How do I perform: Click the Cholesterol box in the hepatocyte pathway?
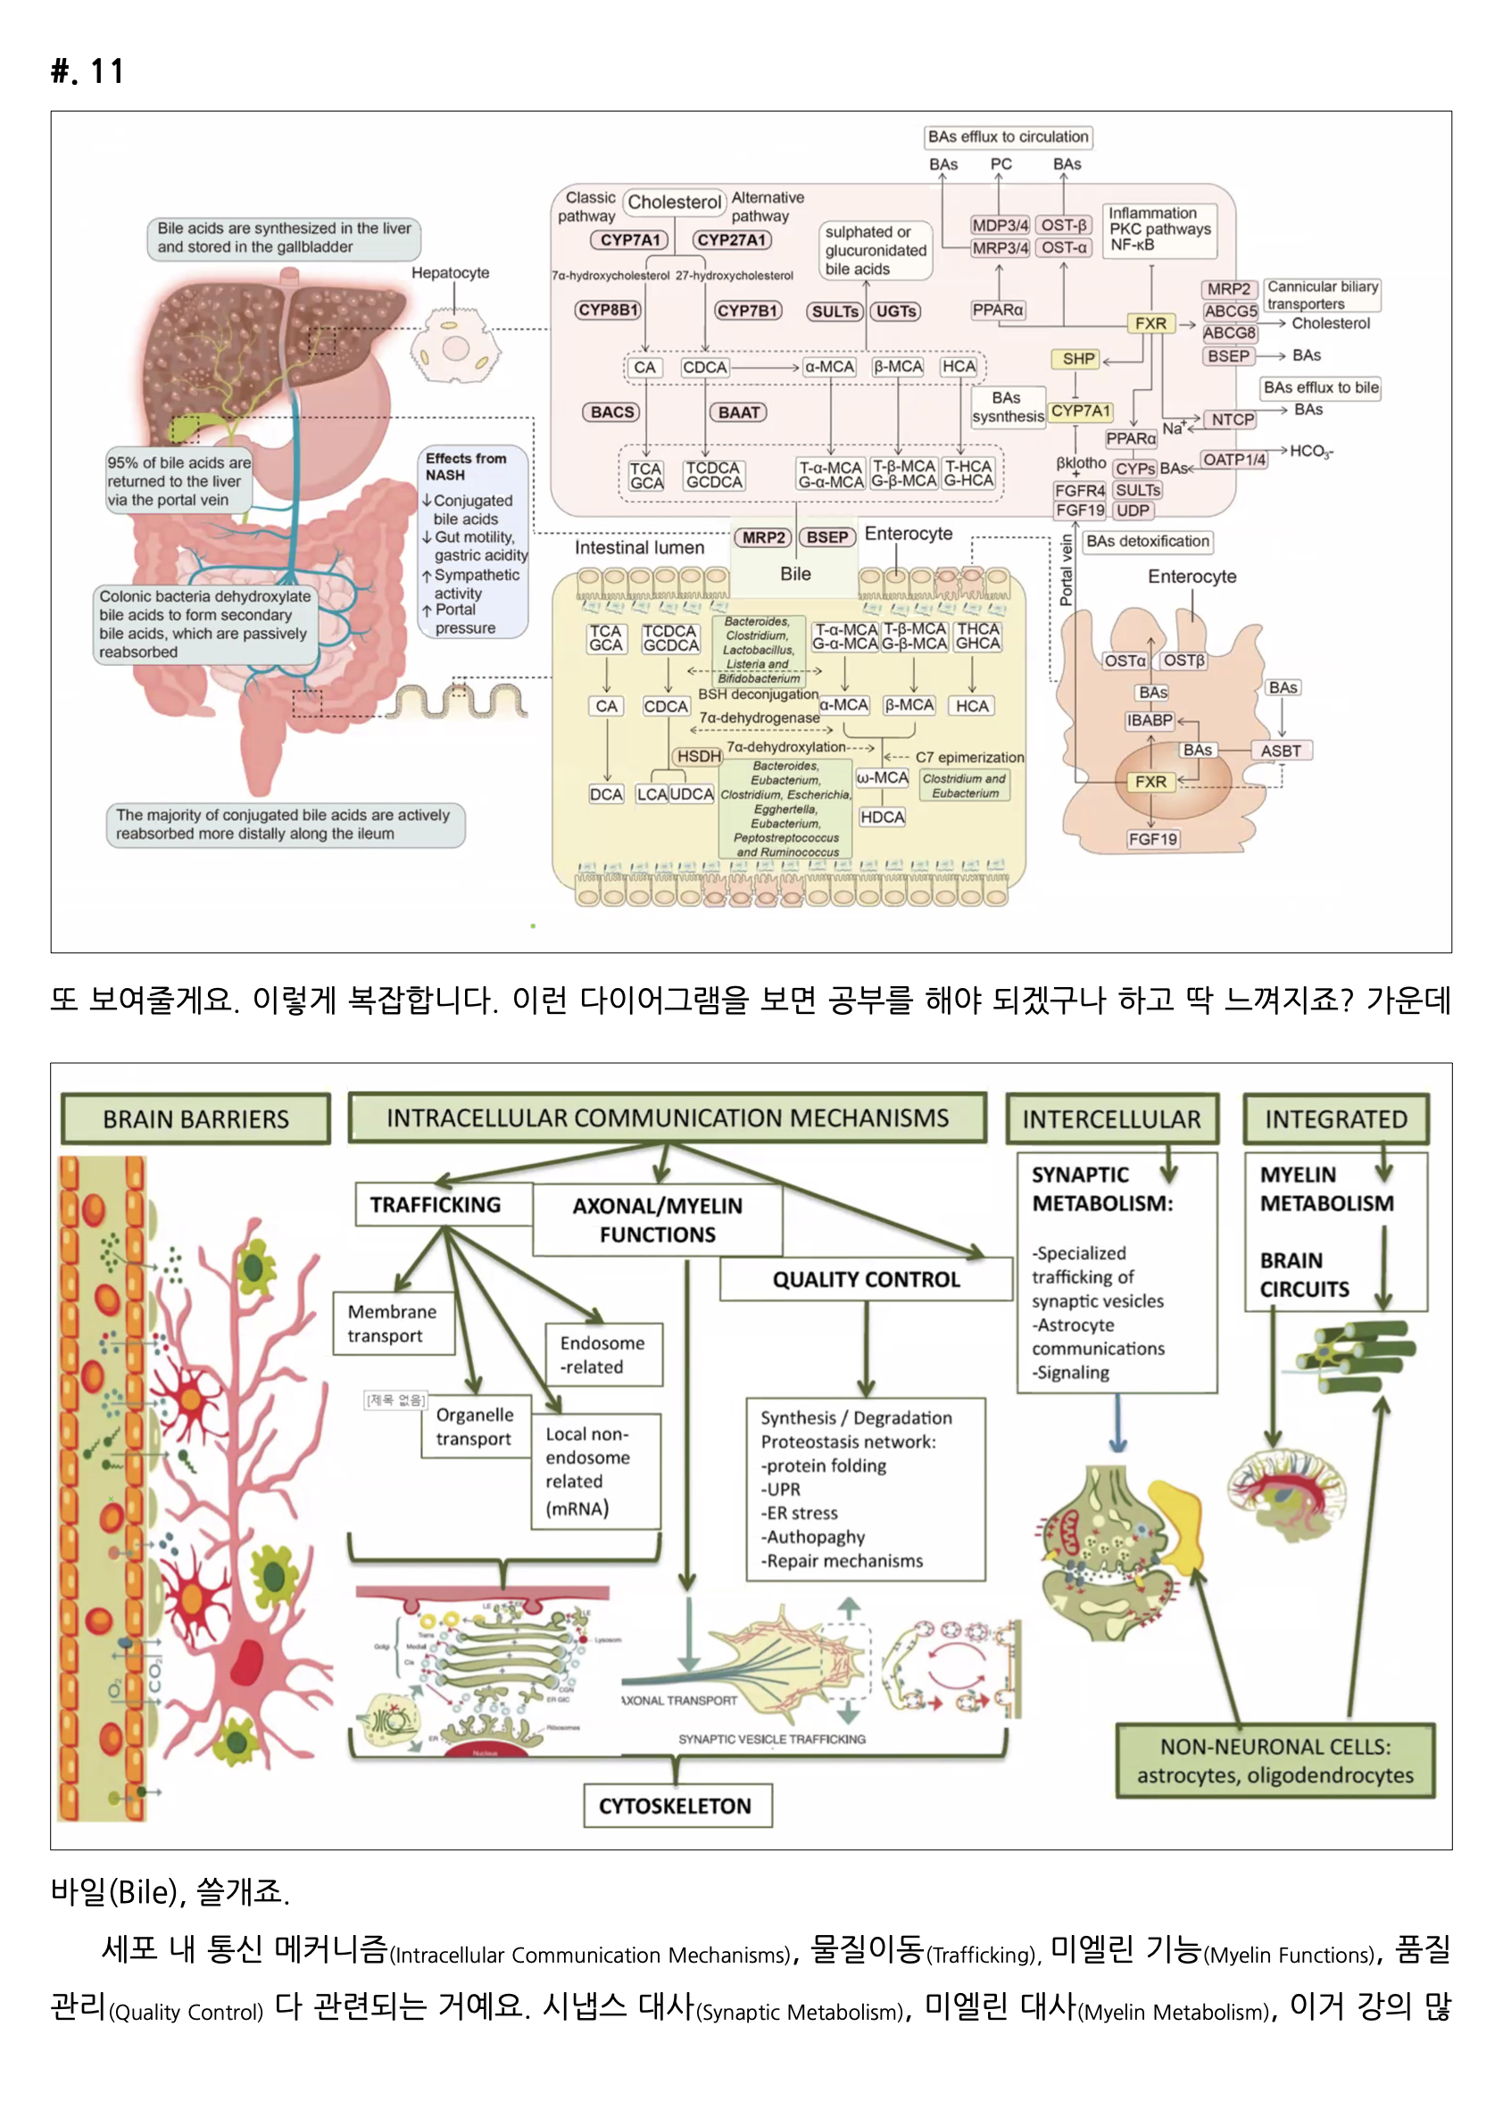[x=673, y=202]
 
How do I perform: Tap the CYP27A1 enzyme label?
[x=731, y=240]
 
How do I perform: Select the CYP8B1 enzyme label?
[x=608, y=311]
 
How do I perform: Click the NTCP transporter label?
[x=1232, y=419]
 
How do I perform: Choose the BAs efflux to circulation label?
[x=1008, y=137]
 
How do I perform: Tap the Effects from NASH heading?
[x=465, y=466]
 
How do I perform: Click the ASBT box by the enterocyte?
[x=1280, y=751]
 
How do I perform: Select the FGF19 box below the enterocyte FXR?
[x=1152, y=839]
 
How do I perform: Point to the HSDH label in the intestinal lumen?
[x=698, y=757]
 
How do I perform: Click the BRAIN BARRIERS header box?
[x=195, y=1118]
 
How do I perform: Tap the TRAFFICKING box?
[x=436, y=1204]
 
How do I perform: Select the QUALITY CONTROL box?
[x=866, y=1279]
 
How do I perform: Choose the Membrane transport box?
[x=393, y=1324]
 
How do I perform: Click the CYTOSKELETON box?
[x=675, y=1806]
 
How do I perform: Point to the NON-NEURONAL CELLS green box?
[x=1275, y=1760]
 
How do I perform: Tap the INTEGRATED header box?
[x=1335, y=1118]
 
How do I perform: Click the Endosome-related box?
[x=602, y=1354]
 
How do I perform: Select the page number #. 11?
[x=88, y=71]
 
